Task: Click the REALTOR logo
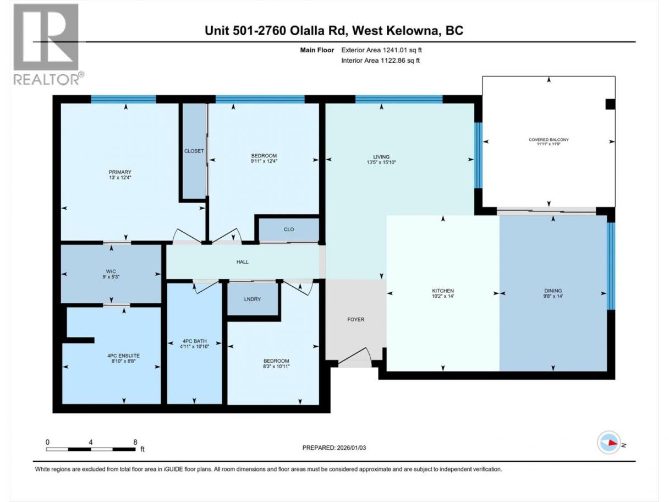(49, 45)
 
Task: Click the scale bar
(91, 449)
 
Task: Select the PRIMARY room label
(120, 172)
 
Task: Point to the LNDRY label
(253, 299)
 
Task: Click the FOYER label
(356, 319)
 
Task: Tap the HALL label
(242, 262)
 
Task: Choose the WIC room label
(111, 271)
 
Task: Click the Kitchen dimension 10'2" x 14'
(443, 296)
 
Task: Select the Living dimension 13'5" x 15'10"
(381, 162)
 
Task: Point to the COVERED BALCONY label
(549, 140)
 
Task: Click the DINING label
(553, 291)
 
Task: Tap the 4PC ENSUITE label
(123, 356)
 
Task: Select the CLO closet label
(289, 229)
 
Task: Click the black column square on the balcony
(610, 104)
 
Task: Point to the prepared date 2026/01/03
(352, 448)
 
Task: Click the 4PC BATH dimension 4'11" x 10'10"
(194, 346)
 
